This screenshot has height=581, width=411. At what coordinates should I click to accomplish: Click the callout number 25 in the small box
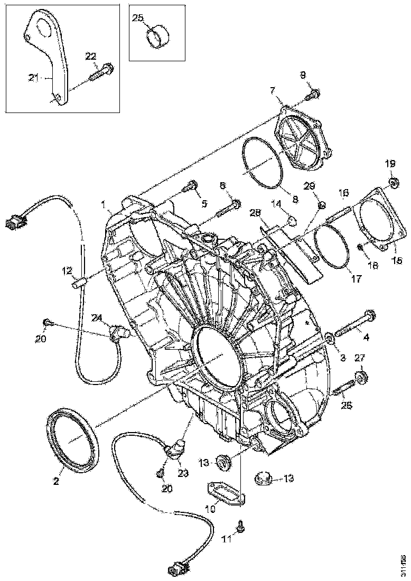(137, 18)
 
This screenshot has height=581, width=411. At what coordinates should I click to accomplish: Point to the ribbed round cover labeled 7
(303, 140)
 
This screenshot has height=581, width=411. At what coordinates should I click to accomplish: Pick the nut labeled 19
(393, 183)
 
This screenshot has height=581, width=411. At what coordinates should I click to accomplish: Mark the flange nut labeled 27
(361, 377)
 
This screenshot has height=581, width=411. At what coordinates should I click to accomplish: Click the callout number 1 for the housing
(104, 203)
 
